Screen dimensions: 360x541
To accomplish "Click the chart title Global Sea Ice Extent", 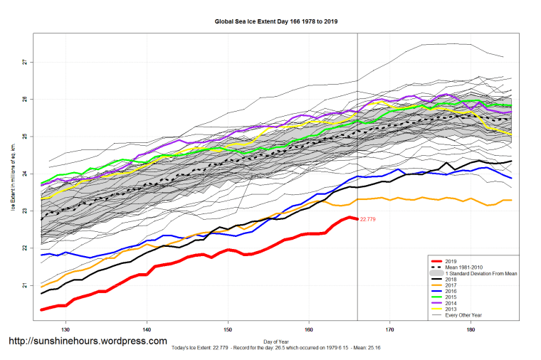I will click(276, 21).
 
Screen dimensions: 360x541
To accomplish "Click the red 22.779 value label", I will click(369, 219).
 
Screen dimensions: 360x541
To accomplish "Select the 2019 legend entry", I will click(449, 261).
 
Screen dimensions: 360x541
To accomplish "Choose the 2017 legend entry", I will click(449, 286).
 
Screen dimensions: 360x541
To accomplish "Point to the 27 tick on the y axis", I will click(24, 62).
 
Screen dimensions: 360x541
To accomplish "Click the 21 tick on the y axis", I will click(24, 285).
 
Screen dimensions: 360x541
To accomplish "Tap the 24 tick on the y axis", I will click(24, 174).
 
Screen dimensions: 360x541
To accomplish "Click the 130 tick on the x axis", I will click(65, 330).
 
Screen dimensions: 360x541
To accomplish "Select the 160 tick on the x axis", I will click(309, 330).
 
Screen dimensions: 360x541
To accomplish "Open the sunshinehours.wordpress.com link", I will click(88, 342).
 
